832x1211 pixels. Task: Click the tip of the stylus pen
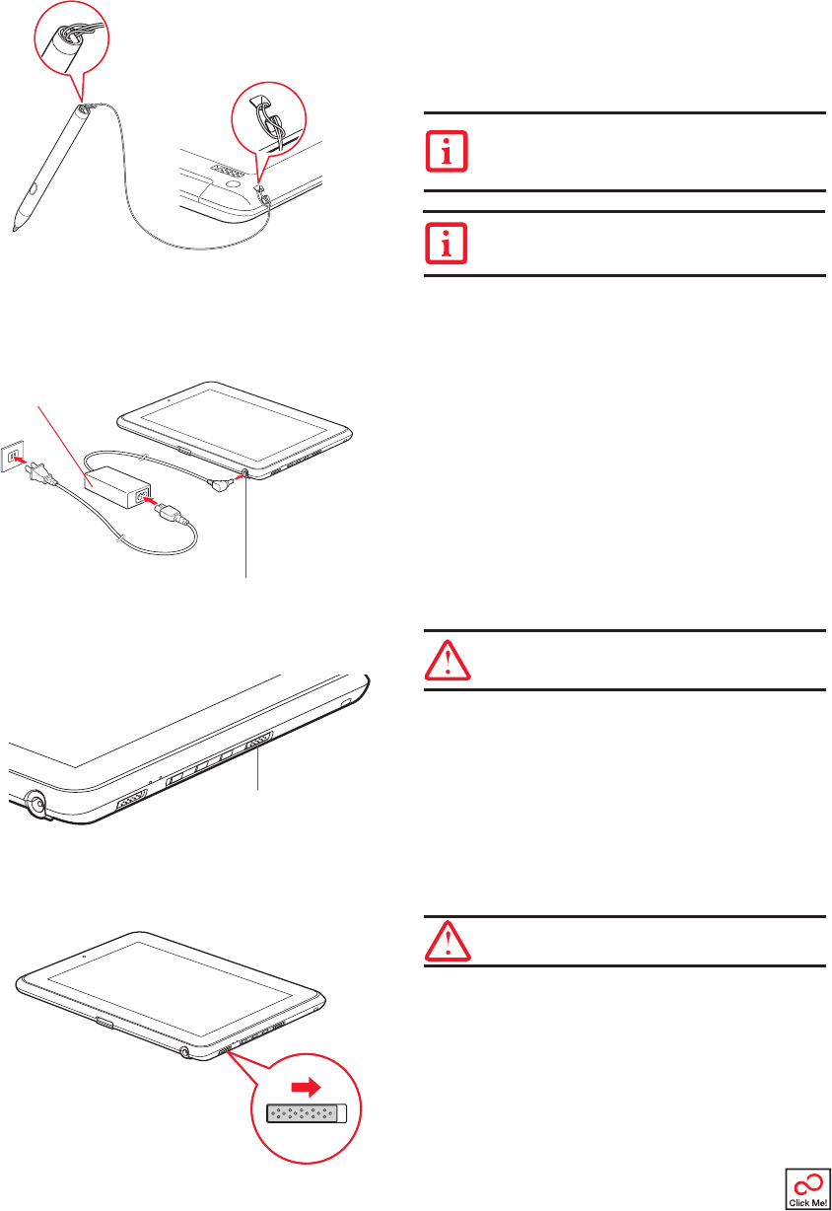(15, 232)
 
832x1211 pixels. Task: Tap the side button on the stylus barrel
(35, 188)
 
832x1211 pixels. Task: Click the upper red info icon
(447, 152)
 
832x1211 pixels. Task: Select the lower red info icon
(447, 244)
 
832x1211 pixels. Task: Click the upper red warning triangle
(448, 660)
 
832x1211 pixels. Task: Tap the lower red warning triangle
(448, 941)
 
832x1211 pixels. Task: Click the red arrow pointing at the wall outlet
(21, 460)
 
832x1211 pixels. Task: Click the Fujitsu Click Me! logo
(807, 1185)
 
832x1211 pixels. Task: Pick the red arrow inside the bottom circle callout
(307, 1088)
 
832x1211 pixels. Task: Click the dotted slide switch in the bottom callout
(307, 1113)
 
